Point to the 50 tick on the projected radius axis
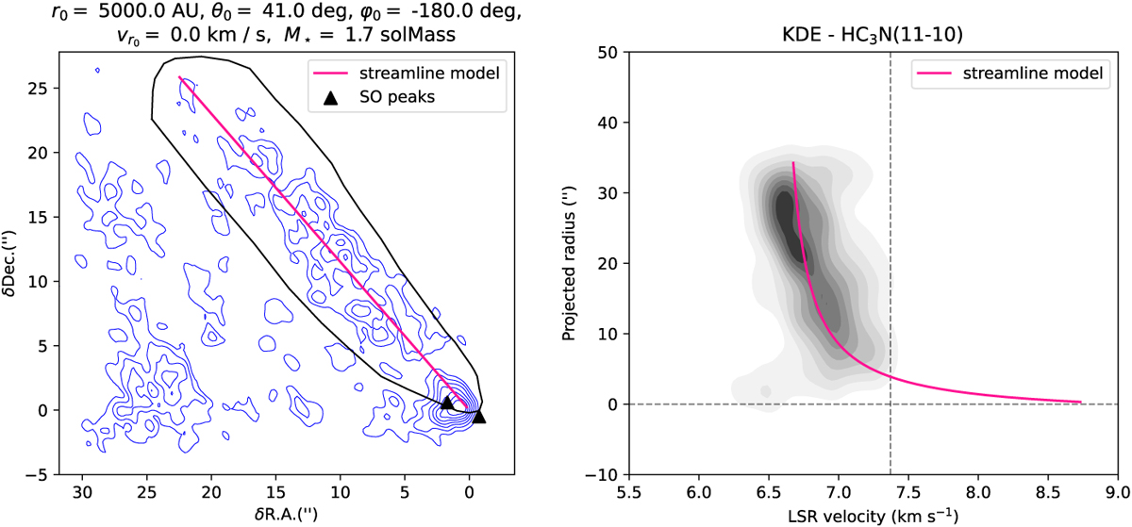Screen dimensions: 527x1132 [608, 52]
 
